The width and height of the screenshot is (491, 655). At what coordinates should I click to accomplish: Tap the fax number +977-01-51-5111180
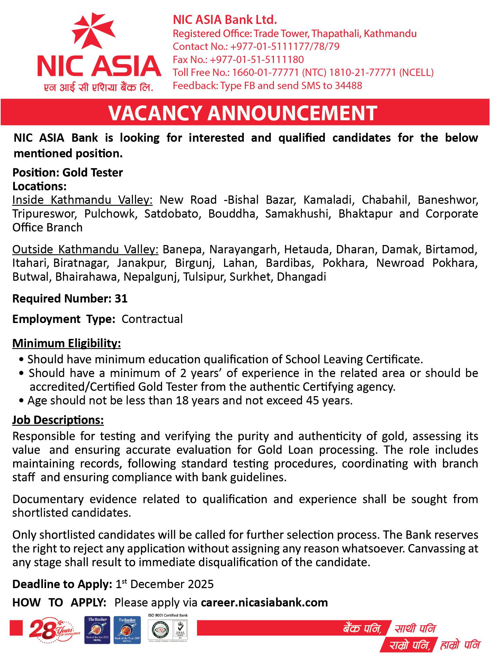coord(257,60)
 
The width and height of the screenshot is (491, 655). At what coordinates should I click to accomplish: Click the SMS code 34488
coord(348,86)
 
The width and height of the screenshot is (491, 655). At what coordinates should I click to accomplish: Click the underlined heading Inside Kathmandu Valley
coord(82,200)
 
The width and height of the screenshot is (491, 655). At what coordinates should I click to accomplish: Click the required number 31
coord(121,299)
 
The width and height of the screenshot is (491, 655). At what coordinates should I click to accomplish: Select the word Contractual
coord(152,319)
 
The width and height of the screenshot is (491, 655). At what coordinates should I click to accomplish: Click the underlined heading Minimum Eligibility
coord(66,343)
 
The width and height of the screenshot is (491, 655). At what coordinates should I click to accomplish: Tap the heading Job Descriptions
coord(58,420)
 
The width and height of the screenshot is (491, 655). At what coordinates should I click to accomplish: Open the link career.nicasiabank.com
coord(264,603)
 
